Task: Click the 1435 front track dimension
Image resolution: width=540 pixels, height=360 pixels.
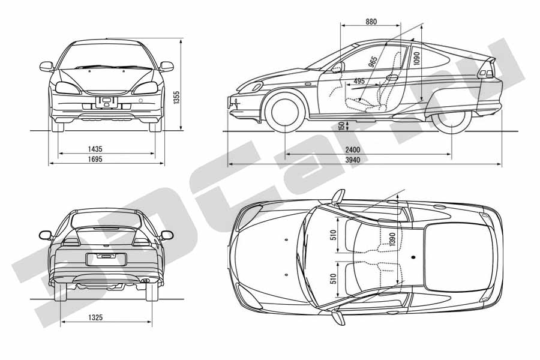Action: (x=95, y=149)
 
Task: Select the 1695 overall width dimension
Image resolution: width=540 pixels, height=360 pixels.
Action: (x=95, y=159)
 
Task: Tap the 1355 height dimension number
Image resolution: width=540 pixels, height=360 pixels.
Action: (x=176, y=98)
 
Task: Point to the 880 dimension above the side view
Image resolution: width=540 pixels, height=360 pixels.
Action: (x=371, y=22)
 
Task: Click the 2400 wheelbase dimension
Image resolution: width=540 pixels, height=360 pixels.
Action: (x=353, y=149)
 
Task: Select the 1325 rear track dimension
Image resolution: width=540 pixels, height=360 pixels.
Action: (x=95, y=317)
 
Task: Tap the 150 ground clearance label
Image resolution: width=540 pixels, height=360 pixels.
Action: (x=341, y=126)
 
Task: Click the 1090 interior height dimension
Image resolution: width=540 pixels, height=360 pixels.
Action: (x=417, y=59)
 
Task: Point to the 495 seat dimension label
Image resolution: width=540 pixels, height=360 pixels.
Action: (x=359, y=82)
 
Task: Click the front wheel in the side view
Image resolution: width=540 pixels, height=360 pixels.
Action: (x=285, y=112)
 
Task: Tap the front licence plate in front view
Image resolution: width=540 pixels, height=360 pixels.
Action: (x=106, y=103)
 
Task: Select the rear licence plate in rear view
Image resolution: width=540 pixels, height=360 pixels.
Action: (x=106, y=259)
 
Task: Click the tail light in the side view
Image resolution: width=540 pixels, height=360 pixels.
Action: (x=487, y=73)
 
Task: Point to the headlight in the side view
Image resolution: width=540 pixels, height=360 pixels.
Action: (x=254, y=87)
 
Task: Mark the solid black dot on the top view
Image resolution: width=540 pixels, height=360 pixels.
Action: (x=413, y=257)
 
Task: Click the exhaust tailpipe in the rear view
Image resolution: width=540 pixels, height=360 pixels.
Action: (x=146, y=280)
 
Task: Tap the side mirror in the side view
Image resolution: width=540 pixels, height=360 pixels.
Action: (x=337, y=67)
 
